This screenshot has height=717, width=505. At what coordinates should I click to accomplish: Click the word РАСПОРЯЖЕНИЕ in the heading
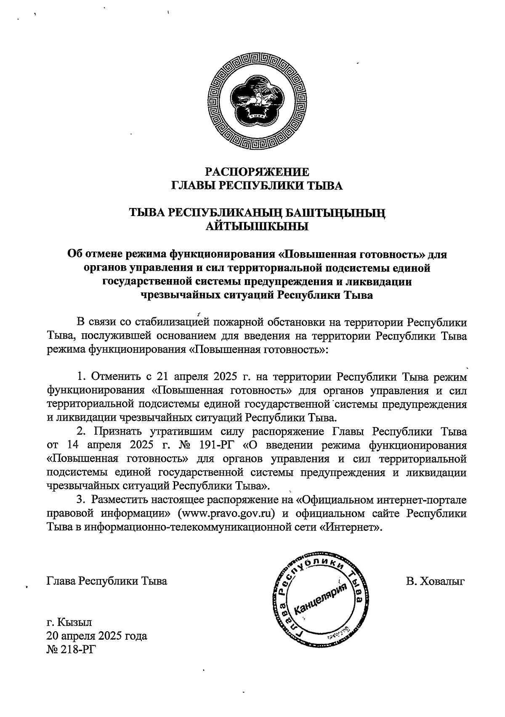coord(257,172)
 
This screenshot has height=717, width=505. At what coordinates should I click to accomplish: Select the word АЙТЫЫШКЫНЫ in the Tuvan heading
coord(257,227)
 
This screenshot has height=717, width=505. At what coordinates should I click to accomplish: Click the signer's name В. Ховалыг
coord(435,582)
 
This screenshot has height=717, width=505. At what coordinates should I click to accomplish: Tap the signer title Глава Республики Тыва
coord(107,582)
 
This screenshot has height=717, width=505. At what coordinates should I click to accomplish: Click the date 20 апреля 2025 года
coord(97,635)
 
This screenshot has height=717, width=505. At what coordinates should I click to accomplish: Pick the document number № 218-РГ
coord(70,649)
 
